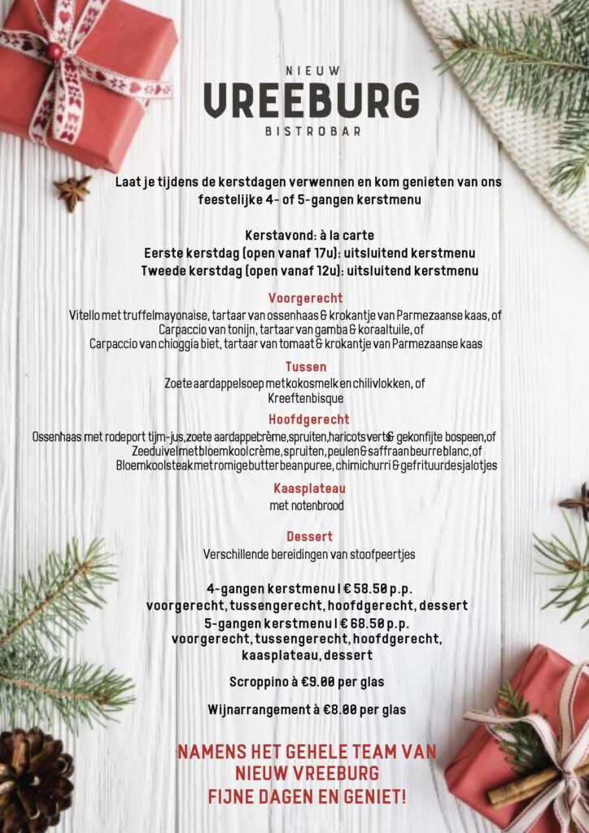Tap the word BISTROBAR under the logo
click(x=313, y=132)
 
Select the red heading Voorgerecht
click(x=305, y=298)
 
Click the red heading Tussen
click(x=306, y=367)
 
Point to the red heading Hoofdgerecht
click(x=308, y=420)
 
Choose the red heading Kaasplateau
click(x=310, y=488)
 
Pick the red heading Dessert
click(x=309, y=537)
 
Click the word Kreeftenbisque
click(x=306, y=399)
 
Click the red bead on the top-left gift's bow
click(x=55, y=51)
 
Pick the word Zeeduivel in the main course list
click(x=155, y=451)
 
